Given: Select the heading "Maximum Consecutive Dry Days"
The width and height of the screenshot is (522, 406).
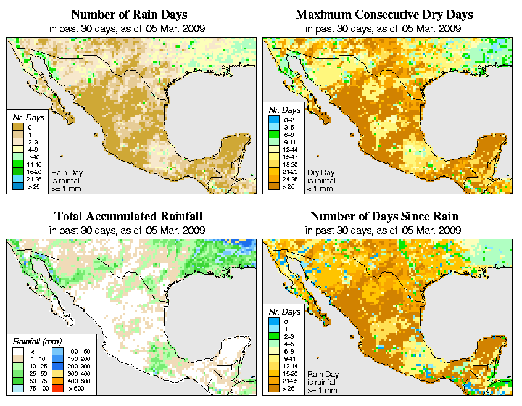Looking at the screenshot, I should (x=384, y=14).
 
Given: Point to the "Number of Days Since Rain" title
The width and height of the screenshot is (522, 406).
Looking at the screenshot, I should (x=384, y=217).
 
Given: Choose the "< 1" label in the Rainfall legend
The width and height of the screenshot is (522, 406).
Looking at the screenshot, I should (x=34, y=351).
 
